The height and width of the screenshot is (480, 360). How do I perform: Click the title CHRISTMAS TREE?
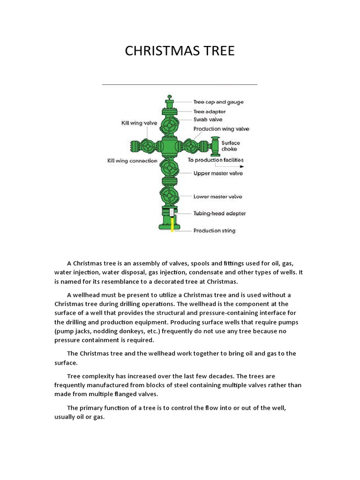[180, 51]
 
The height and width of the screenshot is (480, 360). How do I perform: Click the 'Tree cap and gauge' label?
[218, 102]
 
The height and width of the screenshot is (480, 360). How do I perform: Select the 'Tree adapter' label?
[210, 112]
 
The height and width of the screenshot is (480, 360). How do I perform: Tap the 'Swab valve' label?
[208, 120]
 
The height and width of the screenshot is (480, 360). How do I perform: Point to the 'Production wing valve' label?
[221, 129]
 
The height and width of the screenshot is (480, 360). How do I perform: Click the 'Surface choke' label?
[231, 146]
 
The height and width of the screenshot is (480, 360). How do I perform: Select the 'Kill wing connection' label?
[132, 161]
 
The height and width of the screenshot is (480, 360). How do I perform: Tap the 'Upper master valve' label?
[218, 173]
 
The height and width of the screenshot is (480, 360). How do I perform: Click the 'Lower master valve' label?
[218, 197]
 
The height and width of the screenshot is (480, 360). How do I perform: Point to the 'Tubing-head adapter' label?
[219, 214]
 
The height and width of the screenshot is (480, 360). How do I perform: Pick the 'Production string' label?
[214, 231]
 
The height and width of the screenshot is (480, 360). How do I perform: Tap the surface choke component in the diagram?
[216, 146]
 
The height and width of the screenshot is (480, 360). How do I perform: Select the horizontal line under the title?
[180, 84]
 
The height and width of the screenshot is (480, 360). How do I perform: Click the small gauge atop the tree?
[169, 97]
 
